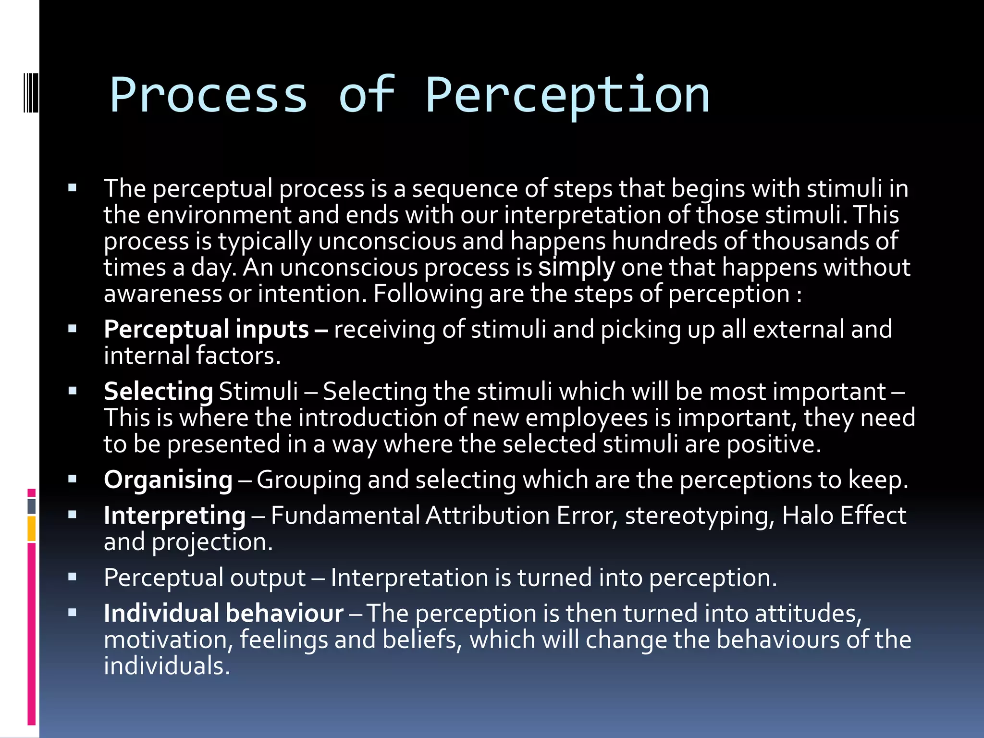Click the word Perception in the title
point(567,96)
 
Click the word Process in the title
point(209,96)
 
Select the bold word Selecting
point(158,392)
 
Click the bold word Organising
point(168,480)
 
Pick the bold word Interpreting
point(174,516)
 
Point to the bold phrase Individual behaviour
point(223,614)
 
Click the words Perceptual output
point(205,578)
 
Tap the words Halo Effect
point(844,516)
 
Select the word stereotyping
point(700,516)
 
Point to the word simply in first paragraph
point(576,268)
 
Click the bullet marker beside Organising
point(73,479)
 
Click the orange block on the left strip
point(32,529)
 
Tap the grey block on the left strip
point(32,506)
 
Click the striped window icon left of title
point(31,92)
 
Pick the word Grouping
point(308,480)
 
